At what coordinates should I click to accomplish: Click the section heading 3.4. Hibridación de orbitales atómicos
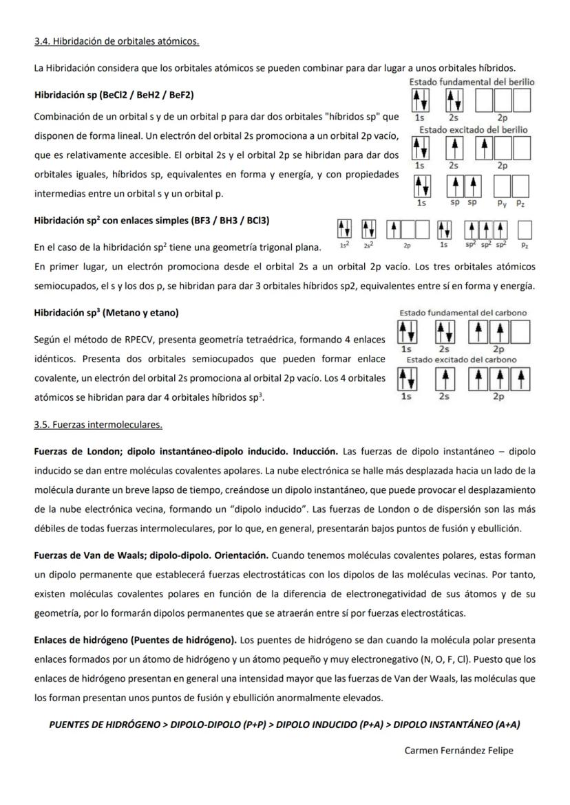pos(116,42)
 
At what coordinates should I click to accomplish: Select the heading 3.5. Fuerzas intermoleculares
pos(98,424)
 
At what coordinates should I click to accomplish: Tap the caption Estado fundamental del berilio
pos(472,82)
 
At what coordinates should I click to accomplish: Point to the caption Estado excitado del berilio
pos(473,129)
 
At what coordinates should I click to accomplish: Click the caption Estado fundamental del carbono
pos(463,313)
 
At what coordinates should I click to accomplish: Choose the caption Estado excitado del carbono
pos(461,360)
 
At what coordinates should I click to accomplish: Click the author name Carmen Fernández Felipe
pos(458,750)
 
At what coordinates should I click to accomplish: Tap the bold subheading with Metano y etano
pos(106,313)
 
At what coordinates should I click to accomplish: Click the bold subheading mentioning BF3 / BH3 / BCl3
pos(130,221)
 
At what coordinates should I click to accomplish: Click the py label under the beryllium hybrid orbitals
pos(502,203)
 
